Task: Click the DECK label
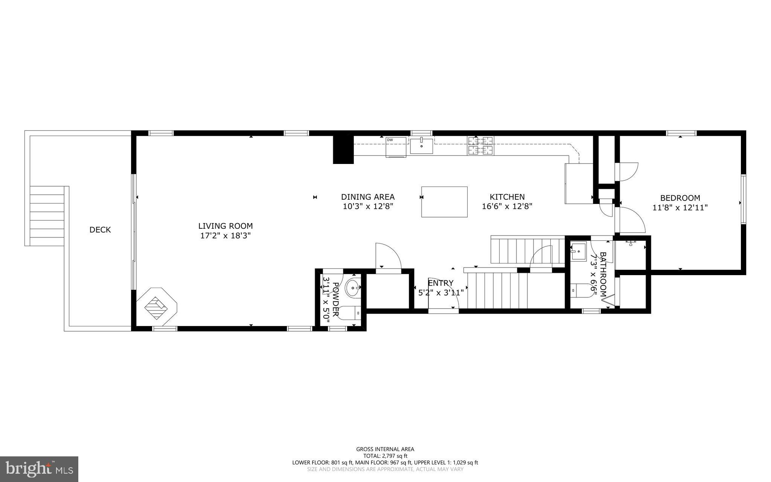pyautogui.click(x=100, y=230)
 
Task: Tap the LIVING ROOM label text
pyautogui.click(x=226, y=226)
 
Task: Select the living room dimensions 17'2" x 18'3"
pyautogui.click(x=226, y=236)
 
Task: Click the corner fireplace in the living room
pyautogui.click(x=156, y=304)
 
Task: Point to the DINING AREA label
pyautogui.click(x=368, y=197)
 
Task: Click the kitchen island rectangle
pyautogui.click(x=444, y=202)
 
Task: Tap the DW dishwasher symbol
pyautogui.click(x=396, y=147)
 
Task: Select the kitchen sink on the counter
pyautogui.click(x=421, y=145)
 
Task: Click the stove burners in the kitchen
pyautogui.click(x=481, y=146)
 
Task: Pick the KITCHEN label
pyautogui.click(x=507, y=197)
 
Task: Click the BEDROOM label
pyautogui.click(x=680, y=198)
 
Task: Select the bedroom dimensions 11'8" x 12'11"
pyautogui.click(x=680, y=207)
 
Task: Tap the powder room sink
pyautogui.click(x=353, y=288)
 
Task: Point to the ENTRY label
pyautogui.click(x=440, y=283)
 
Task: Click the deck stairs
pyautogui.click(x=47, y=216)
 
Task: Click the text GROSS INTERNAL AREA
pyautogui.click(x=385, y=449)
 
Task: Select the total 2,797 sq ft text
pyautogui.click(x=385, y=456)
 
